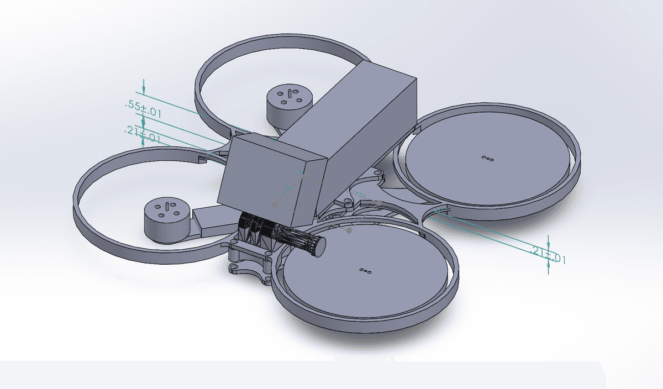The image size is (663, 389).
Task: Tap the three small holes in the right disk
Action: pos(487,159)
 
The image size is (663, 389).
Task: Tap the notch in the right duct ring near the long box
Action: pos(417,130)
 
